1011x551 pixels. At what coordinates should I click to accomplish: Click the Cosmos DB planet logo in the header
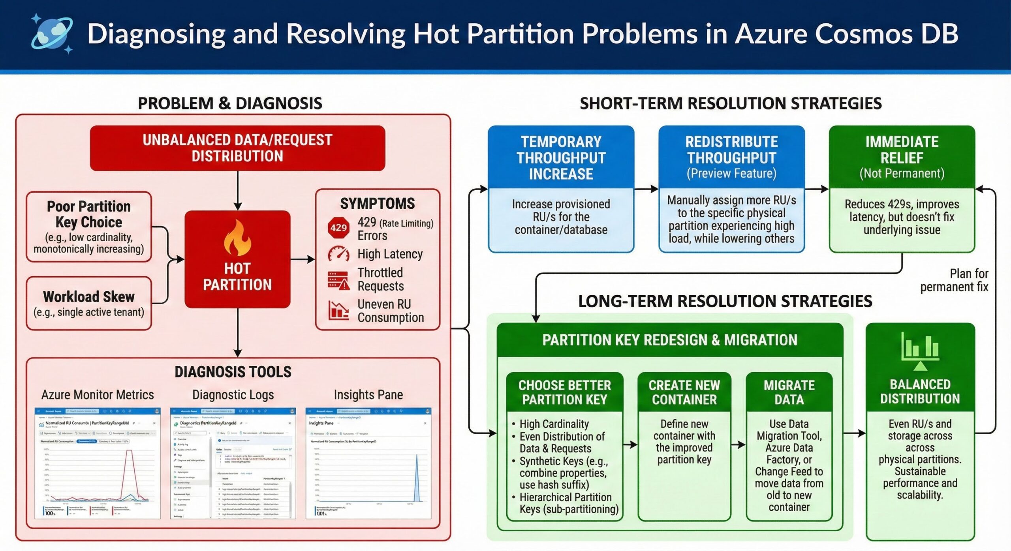(x=52, y=33)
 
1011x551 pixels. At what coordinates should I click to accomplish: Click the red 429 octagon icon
(x=338, y=228)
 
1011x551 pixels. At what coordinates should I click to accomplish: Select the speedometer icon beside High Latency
(x=338, y=254)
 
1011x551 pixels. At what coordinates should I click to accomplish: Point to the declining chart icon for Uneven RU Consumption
(x=338, y=310)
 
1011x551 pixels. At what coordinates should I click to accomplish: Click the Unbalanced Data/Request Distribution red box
(x=237, y=148)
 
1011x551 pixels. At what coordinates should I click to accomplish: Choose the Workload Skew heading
(x=89, y=297)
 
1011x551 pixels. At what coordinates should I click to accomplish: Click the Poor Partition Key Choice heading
(x=89, y=214)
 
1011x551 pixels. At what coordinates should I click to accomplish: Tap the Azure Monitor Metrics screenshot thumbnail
(x=98, y=463)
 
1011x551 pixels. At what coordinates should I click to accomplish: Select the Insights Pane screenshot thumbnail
(x=368, y=463)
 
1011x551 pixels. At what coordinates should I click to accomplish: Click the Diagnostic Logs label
(x=233, y=395)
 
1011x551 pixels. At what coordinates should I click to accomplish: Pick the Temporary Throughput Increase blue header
(x=561, y=157)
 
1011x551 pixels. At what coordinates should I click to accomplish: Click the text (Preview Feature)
(x=731, y=173)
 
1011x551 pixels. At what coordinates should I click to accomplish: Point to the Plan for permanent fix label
(x=954, y=280)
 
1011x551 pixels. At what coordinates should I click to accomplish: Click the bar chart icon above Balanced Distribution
(x=920, y=347)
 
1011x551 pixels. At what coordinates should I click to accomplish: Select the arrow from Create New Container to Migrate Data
(x=738, y=445)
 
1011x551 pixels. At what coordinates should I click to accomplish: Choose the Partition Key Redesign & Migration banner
(x=670, y=340)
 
